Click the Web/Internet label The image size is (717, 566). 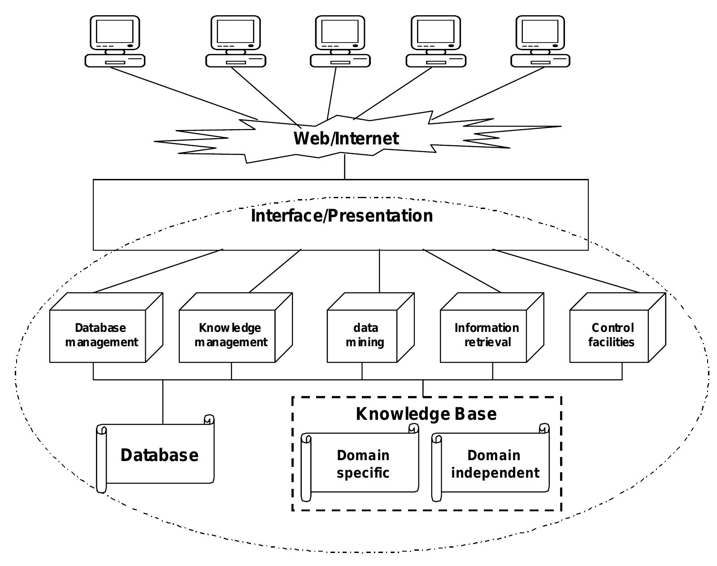346,138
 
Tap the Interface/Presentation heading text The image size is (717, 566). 342,216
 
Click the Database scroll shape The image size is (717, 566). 159,455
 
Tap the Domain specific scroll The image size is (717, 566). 363,464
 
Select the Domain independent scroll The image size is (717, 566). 494,464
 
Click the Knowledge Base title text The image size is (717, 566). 426,414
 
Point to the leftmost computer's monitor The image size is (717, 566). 115,32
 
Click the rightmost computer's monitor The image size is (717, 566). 540,32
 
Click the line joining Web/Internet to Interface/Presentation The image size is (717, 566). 345,167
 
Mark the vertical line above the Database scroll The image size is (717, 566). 163,401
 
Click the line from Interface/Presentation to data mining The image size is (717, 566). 379,271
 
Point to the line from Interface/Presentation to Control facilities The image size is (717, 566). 567,271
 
